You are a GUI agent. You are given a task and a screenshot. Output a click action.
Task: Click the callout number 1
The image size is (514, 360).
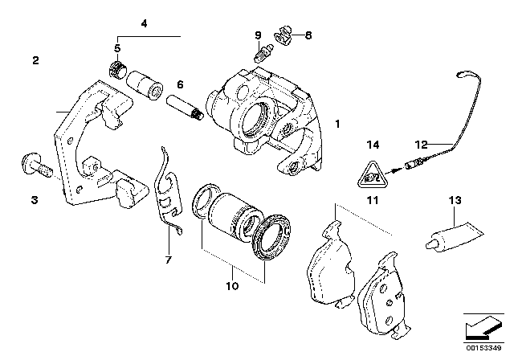pos(338,125)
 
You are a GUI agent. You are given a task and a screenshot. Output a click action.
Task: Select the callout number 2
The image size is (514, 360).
pos(35,60)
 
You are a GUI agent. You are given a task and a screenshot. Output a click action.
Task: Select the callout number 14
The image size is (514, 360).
pos(371,145)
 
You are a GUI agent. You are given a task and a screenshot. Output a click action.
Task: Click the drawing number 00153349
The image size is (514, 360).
pos(484,349)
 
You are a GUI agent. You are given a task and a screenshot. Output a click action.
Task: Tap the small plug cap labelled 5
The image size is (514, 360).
pos(117,72)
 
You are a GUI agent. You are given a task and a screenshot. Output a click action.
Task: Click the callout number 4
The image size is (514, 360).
pos(144,24)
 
